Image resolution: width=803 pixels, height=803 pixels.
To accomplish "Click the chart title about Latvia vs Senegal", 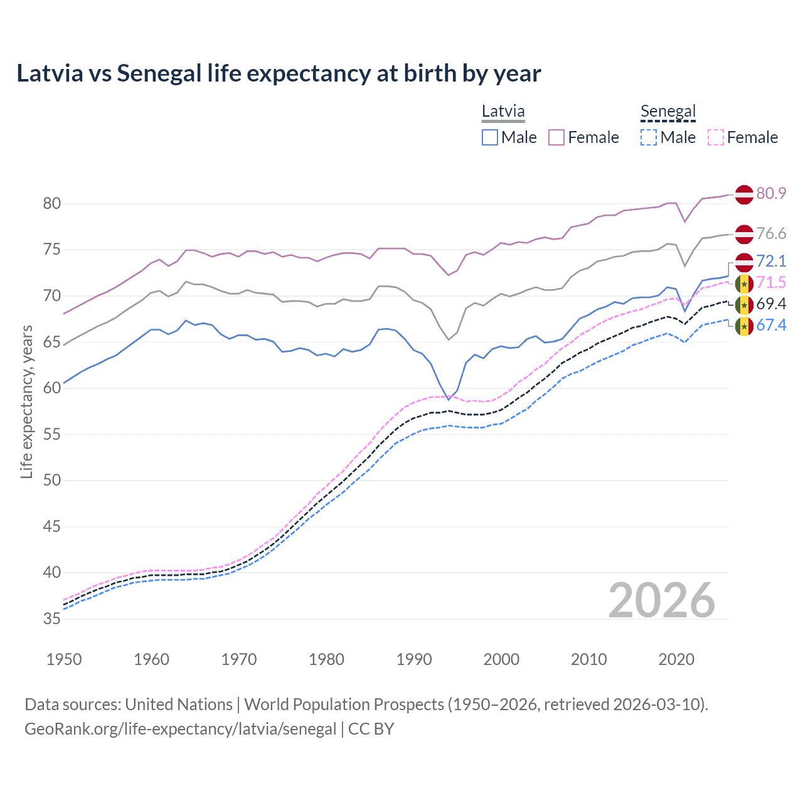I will (279, 73).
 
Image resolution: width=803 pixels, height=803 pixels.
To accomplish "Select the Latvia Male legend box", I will (490, 137).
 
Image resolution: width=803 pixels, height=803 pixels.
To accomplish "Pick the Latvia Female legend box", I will (556, 137).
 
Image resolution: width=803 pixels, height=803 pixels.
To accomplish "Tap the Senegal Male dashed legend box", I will (649, 137).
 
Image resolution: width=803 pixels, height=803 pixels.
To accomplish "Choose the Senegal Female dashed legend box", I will (716, 137).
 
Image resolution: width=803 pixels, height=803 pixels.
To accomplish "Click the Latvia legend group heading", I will (503, 112).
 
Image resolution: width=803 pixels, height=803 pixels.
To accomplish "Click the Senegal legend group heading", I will (668, 112).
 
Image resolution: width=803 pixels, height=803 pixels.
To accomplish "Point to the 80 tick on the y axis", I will (51, 203).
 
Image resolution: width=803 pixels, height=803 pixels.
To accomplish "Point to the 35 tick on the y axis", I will (51, 619).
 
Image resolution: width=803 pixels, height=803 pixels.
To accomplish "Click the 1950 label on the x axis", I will (64, 659).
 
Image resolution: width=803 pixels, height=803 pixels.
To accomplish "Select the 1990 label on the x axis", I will (414, 659).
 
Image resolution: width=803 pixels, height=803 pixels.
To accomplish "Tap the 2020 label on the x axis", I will (676, 659).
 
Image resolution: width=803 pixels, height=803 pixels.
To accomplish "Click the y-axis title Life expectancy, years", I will (26, 401).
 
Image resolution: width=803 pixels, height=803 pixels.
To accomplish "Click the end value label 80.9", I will (771, 193).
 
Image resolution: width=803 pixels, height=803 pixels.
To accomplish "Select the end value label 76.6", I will (771, 233).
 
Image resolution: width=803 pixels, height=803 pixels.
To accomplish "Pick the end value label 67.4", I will (771, 325).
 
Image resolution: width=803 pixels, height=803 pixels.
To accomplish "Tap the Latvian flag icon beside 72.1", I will (744, 262).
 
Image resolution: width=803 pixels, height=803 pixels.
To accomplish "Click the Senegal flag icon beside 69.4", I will (744, 305).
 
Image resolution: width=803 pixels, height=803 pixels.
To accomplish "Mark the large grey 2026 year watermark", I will (661, 600).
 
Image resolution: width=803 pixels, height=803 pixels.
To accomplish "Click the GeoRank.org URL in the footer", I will (181, 729).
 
